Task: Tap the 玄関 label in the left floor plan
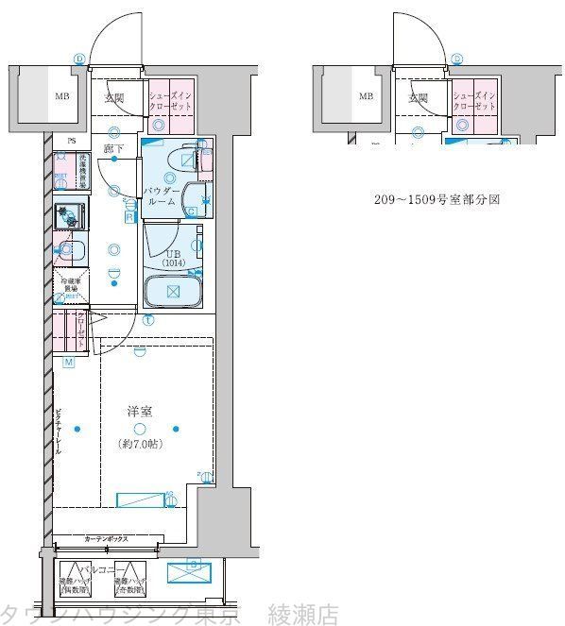pyautogui.click(x=113, y=96)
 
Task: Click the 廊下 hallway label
pyautogui.click(x=114, y=148)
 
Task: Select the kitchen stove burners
pyautogui.click(x=69, y=215)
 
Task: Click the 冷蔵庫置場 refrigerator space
pyautogui.click(x=72, y=286)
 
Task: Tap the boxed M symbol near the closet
pyautogui.click(x=69, y=363)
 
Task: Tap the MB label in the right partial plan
pyautogui.click(x=366, y=96)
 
